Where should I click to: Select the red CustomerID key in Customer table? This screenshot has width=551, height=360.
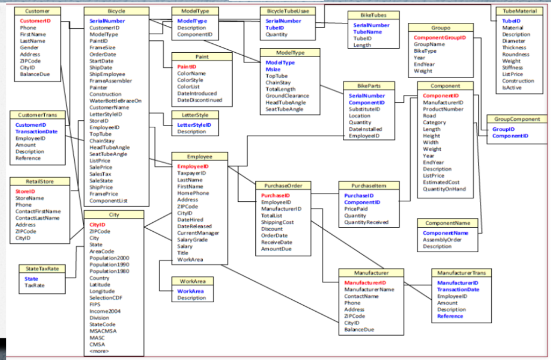(x=35, y=21)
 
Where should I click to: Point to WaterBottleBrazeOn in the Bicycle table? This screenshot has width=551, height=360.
(x=115, y=101)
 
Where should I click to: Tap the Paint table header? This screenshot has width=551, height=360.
(x=202, y=57)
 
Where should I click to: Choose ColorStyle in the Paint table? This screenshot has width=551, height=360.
(x=190, y=80)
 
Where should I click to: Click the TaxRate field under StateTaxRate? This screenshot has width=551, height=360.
(x=35, y=286)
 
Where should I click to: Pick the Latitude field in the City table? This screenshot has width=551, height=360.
(x=100, y=285)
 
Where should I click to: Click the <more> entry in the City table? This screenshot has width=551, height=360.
(x=99, y=352)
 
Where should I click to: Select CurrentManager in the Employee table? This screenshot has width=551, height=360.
(x=195, y=233)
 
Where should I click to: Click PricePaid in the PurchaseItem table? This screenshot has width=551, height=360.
(x=356, y=209)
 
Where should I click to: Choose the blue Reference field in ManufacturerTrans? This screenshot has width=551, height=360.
(x=450, y=316)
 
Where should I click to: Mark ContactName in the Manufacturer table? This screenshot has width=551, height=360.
(x=361, y=296)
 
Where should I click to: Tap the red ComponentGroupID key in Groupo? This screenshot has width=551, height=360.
(x=440, y=38)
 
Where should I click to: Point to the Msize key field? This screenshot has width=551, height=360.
(x=273, y=70)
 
